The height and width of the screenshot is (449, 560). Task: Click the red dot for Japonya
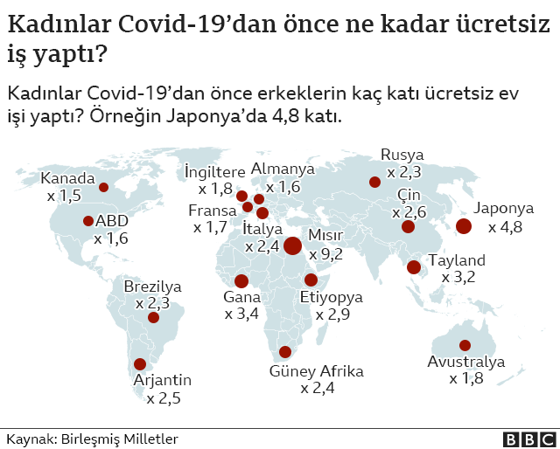464,226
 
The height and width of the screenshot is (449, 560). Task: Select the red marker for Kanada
103,187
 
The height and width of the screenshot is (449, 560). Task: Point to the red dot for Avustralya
465,345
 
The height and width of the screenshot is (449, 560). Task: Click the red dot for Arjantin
139,364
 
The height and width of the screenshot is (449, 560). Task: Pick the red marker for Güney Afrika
284,353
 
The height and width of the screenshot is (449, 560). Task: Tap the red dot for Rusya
374,182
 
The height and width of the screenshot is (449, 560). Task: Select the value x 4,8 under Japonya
505,227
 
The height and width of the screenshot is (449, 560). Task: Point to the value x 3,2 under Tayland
457,277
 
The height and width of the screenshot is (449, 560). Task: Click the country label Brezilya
152,287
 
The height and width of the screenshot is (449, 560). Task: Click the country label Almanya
283,169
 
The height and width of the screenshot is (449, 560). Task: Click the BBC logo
528,439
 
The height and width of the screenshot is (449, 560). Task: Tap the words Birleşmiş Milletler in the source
120,439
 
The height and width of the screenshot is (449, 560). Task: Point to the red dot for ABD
88,221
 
